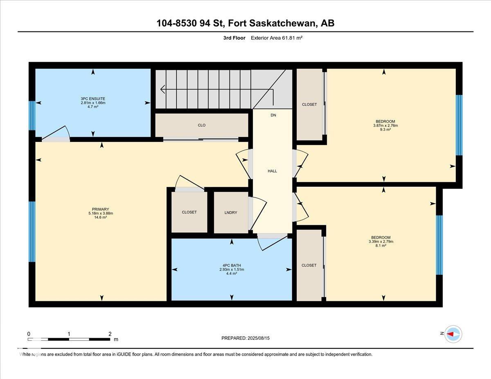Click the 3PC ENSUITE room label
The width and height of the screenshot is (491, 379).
point(93,99)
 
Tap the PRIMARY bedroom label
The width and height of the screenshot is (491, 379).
point(101,209)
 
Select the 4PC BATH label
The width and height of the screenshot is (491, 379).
point(232,265)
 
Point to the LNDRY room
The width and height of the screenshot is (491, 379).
point(231,213)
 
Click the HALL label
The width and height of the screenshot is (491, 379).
point(272,171)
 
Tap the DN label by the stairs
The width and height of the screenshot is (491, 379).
point(273,115)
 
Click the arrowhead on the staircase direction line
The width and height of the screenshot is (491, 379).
point(162,90)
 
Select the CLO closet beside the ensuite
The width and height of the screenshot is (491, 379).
point(202,125)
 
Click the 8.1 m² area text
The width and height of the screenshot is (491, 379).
point(381,246)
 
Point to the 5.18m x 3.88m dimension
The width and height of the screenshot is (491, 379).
point(101,213)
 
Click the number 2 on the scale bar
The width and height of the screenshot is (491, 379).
point(110,334)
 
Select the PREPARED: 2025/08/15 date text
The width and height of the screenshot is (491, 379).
point(245,338)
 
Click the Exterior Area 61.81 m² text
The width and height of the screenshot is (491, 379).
point(277,38)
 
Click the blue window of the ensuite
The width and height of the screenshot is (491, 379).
point(32,116)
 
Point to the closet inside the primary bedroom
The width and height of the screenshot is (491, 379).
point(189,212)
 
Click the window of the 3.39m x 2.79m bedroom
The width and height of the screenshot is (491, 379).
point(439,245)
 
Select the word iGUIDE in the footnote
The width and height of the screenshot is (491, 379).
point(124,354)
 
